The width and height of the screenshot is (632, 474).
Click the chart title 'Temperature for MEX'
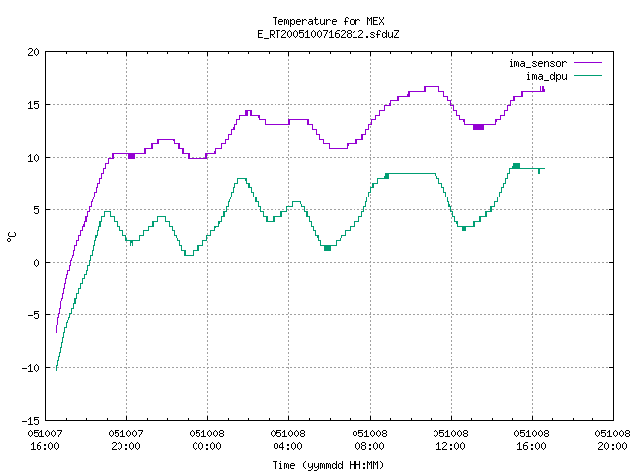pos(328,21)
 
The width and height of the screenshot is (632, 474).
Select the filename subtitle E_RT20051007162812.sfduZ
pos(328,34)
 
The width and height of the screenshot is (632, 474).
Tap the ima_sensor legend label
pos(537,63)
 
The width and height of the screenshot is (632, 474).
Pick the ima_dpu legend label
pos(546,76)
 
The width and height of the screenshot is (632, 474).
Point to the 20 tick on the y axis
pos(33,52)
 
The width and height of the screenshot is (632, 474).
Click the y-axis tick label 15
pos(33,105)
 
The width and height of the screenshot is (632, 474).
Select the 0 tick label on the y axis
pos(37,263)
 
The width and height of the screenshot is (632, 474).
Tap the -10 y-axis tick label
pos(31,368)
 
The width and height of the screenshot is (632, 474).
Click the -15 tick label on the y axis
pos(31,421)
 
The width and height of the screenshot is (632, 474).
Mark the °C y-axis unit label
pos(11,237)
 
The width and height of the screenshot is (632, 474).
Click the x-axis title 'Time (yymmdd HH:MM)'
pos(328,465)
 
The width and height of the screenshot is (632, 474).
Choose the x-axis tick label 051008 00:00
pos(206,440)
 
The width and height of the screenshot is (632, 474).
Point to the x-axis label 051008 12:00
pos(450,440)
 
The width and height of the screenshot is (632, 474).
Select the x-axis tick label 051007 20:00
pos(125,440)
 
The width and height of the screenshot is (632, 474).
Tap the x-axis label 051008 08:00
pos(369,440)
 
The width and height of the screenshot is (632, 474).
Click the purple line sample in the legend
pos(589,63)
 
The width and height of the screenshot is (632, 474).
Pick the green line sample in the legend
pos(589,75)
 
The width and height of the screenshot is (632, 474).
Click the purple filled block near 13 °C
pos(478,127)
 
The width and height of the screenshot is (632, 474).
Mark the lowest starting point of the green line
pos(57,369)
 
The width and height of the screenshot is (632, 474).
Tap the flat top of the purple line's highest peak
pos(432,86)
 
